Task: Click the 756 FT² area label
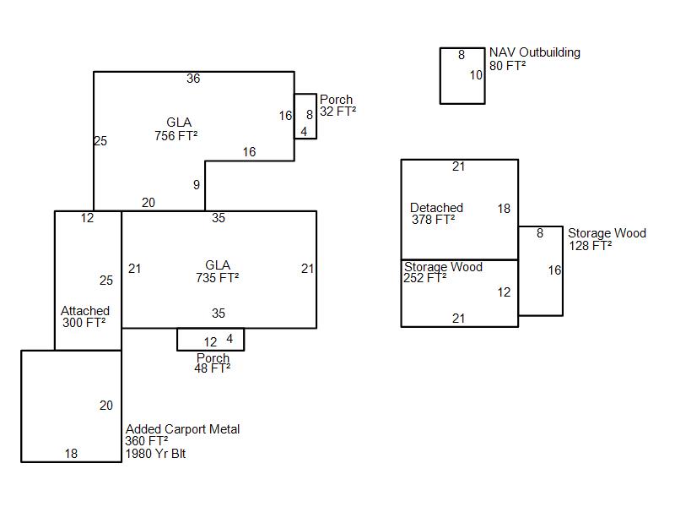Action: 176,135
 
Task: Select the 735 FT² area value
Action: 218,277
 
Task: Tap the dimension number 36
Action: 193,79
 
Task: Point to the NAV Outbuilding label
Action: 535,52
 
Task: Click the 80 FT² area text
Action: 508,65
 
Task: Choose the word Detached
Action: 436,208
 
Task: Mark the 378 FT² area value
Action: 433,220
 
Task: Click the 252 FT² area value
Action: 424,278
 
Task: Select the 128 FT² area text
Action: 590,246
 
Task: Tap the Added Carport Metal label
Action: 182,429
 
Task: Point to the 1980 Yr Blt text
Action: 155,454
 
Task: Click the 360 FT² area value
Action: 147,441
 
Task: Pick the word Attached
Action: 85,311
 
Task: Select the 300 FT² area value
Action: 84,323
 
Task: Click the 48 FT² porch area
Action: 212,368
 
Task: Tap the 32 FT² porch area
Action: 337,112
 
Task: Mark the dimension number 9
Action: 197,185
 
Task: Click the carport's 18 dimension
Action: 71,454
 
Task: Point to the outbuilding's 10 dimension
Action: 476,75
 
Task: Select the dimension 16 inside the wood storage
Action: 554,270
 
